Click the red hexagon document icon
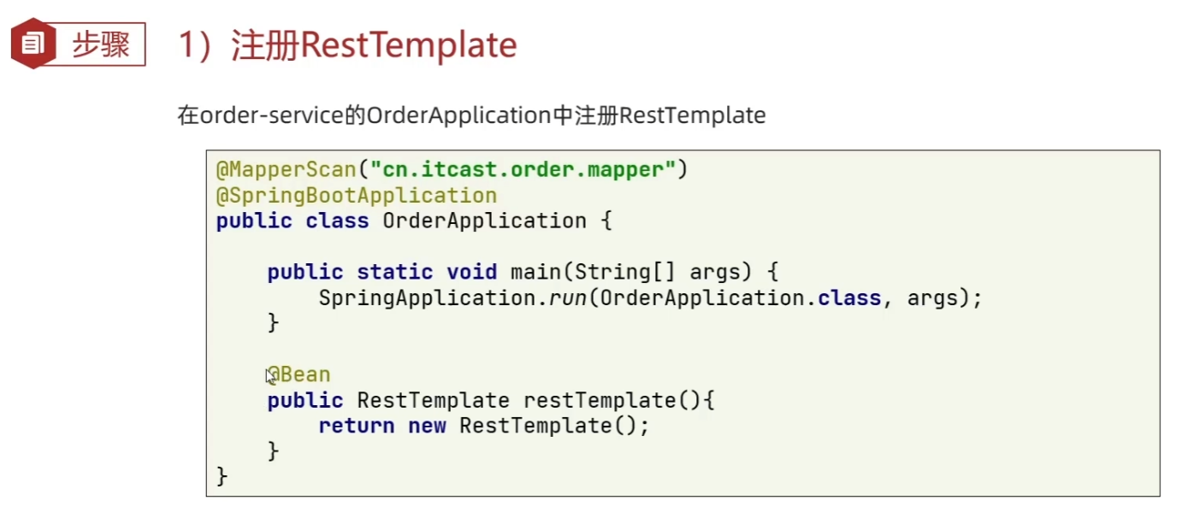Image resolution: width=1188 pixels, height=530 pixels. point(33,44)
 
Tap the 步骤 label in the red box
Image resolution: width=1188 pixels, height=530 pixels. point(100,44)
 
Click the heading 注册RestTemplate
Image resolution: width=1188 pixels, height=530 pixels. point(374,45)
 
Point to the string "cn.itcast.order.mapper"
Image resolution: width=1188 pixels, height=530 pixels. point(523,169)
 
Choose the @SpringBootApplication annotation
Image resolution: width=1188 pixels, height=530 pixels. point(356,195)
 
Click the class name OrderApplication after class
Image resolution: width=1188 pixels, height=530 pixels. point(484,221)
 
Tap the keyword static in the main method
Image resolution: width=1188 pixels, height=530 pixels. point(394,272)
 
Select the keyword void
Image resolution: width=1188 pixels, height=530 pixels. point(471,272)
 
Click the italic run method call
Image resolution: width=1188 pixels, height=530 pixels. point(561,297)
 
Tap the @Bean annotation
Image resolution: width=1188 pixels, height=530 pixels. point(299,374)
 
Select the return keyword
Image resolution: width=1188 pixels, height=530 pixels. point(356,426)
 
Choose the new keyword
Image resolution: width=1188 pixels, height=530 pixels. point(427,426)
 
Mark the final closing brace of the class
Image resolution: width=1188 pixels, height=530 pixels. point(222,475)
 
